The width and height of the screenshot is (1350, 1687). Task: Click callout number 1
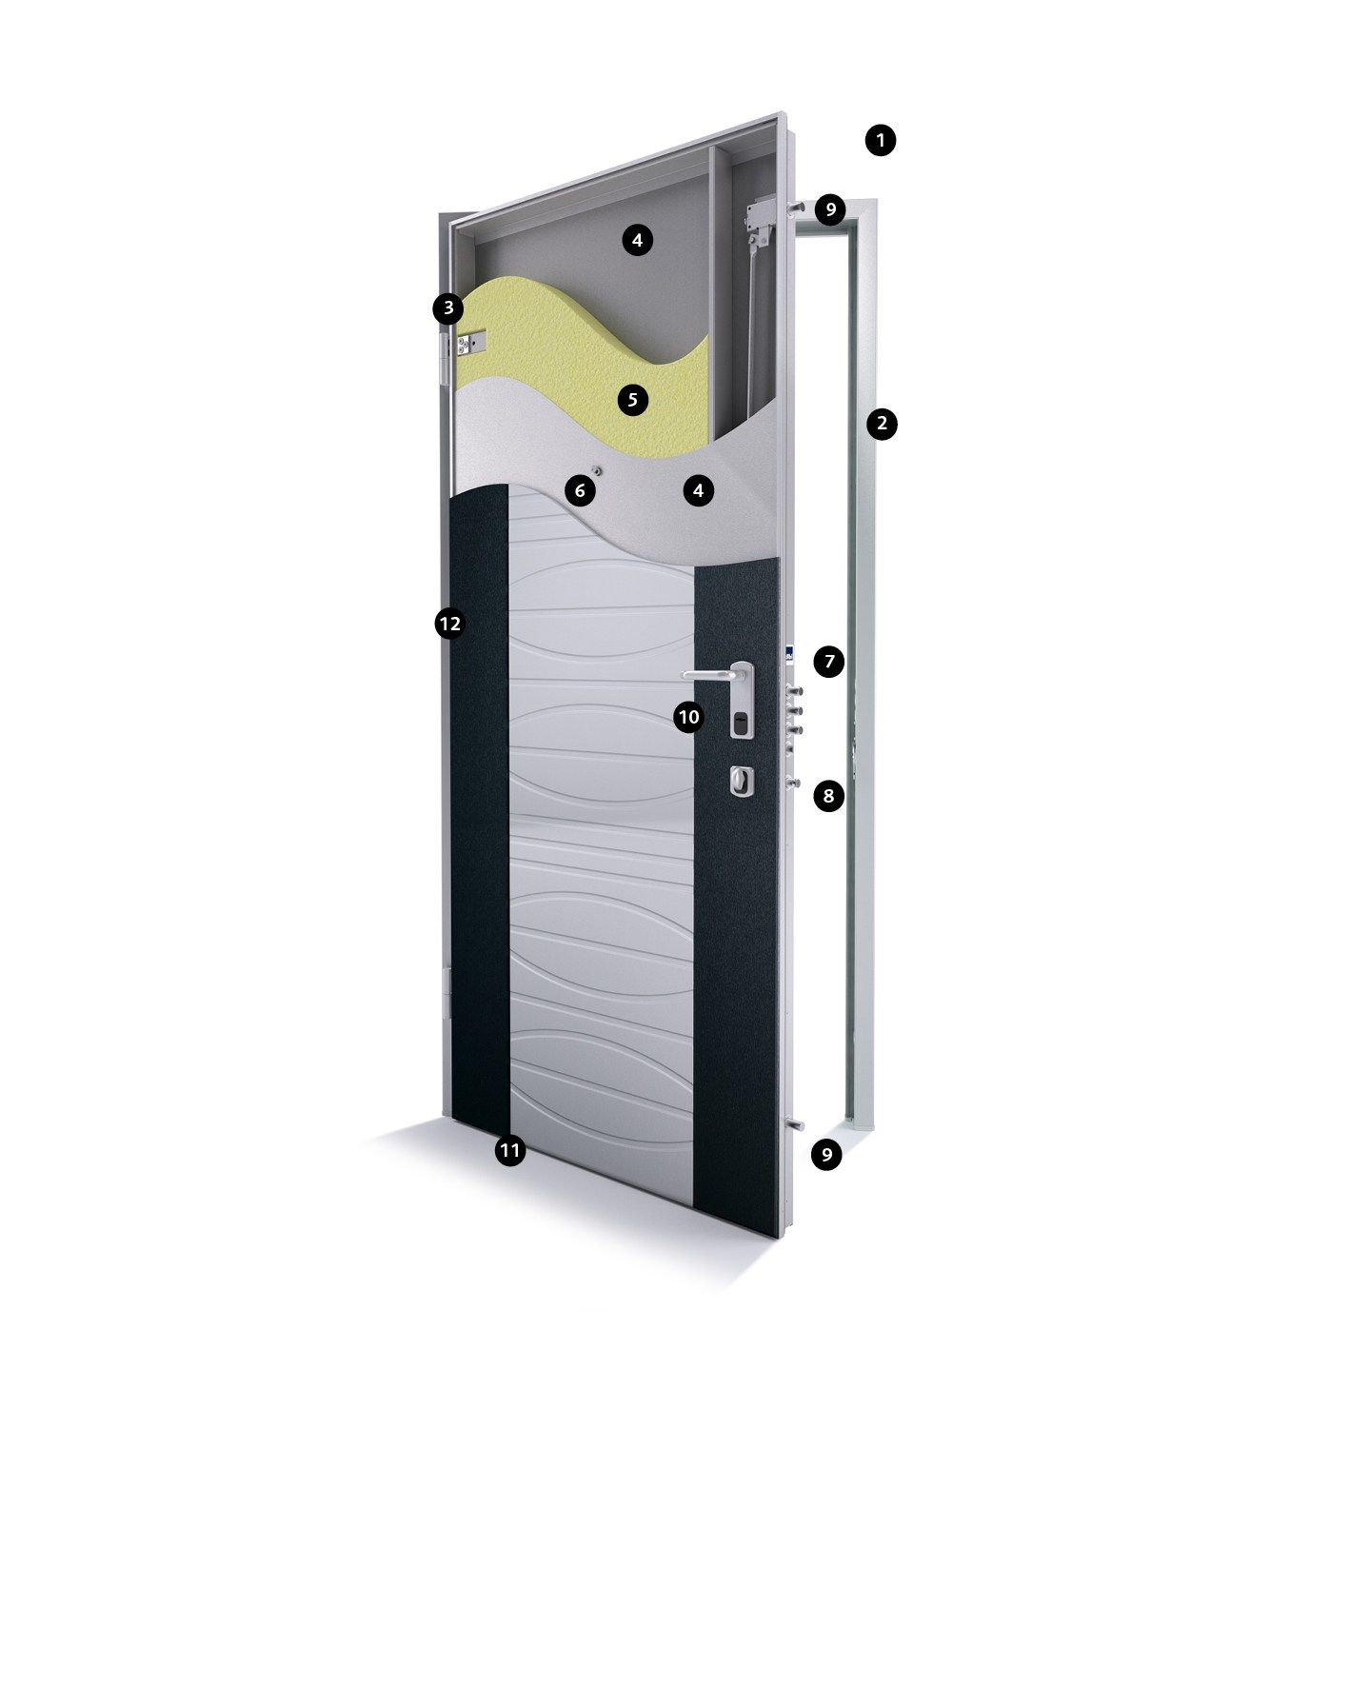point(881,141)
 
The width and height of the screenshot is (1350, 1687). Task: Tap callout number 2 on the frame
point(882,423)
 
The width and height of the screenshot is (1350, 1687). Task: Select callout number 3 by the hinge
point(447,308)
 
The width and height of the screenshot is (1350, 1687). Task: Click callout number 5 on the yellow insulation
point(633,399)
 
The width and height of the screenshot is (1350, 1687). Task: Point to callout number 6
point(580,491)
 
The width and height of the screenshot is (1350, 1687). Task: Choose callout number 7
point(828,661)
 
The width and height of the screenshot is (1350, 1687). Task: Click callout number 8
point(828,795)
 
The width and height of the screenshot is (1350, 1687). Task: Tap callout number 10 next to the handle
point(688,717)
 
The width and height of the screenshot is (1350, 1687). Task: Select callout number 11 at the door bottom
point(510,1151)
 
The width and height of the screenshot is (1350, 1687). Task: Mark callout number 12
point(448,625)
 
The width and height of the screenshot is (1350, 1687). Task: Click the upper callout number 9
point(830,208)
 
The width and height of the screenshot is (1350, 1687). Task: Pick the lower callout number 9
point(826,1155)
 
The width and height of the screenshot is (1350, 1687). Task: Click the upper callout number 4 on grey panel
point(637,240)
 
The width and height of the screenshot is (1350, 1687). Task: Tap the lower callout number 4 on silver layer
point(698,491)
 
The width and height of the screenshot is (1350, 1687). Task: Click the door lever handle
point(714,674)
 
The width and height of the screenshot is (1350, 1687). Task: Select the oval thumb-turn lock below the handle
point(741,782)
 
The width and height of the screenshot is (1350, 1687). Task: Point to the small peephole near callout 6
point(596,470)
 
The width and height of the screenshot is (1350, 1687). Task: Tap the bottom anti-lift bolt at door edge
point(792,1126)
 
